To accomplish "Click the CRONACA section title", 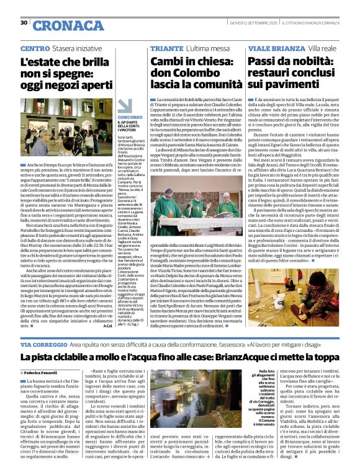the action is coord(60,25).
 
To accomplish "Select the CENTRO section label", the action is coord(35,48).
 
